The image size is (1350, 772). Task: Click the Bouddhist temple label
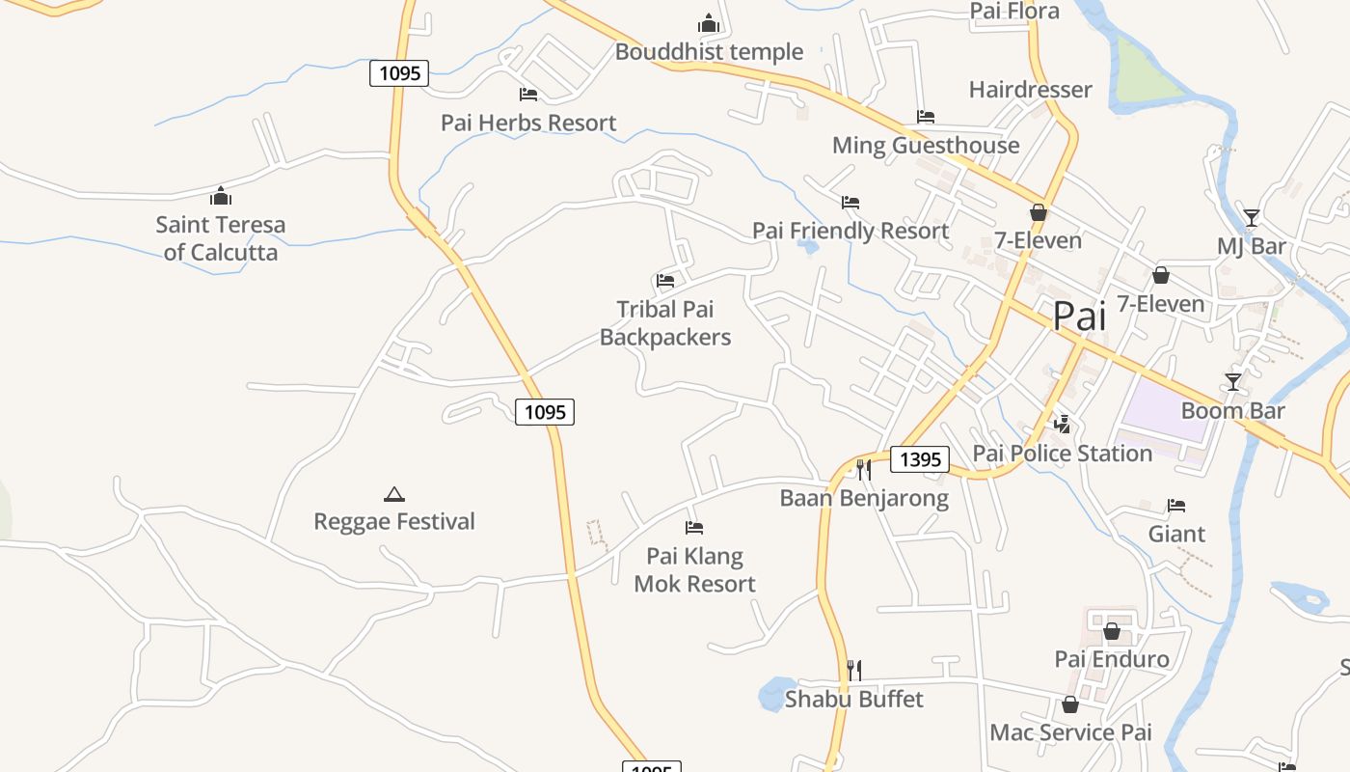click(x=709, y=52)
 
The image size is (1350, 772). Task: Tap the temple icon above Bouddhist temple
click(x=709, y=22)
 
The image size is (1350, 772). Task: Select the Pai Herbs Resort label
click(x=528, y=124)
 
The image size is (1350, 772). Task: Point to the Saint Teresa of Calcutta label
click(x=221, y=238)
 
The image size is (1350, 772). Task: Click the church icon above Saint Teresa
click(x=221, y=197)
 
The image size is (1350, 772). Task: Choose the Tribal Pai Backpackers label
click(x=665, y=323)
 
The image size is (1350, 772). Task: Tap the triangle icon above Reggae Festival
click(x=393, y=494)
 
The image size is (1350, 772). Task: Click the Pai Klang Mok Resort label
click(x=694, y=570)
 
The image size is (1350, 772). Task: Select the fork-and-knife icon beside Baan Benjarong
click(x=864, y=470)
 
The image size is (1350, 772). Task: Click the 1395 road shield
click(x=919, y=459)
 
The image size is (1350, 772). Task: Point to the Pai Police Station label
click(x=1063, y=454)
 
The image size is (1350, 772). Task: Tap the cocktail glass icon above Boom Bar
click(x=1232, y=382)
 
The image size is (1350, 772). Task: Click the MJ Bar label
click(x=1251, y=246)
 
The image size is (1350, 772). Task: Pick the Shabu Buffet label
click(x=854, y=699)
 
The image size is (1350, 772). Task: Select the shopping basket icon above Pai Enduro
click(x=1111, y=631)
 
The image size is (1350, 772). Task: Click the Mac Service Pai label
click(x=1070, y=732)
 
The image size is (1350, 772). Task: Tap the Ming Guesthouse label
click(x=926, y=146)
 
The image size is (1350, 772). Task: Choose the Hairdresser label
click(x=1030, y=90)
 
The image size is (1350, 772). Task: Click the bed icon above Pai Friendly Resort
click(x=850, y=203)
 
